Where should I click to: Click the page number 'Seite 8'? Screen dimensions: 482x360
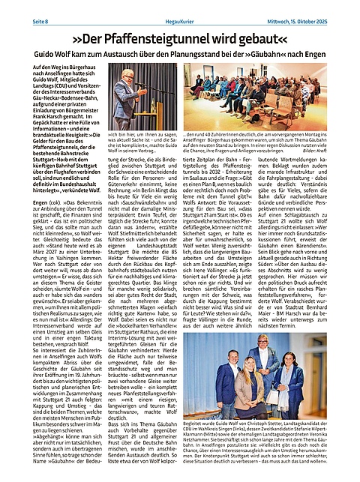coord(17,10)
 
